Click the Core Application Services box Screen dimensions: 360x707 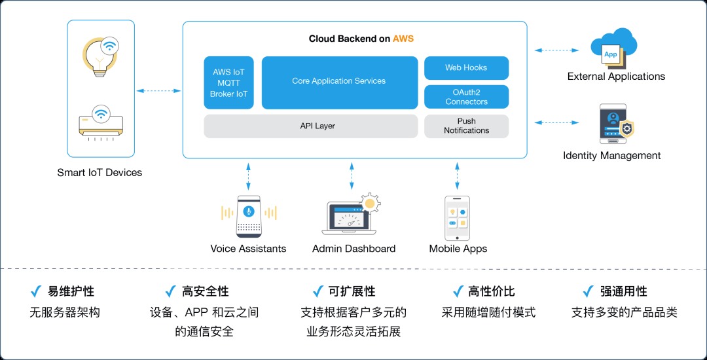point(339,82)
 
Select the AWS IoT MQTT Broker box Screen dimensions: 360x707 point(228,82)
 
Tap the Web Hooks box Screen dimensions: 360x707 point(466,67)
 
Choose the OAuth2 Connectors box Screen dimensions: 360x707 point(466,97)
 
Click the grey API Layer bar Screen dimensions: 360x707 point(310,126)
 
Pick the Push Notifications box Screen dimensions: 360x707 point(466,126)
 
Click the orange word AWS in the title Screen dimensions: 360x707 point(403,39)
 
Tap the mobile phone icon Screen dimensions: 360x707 point(457,217)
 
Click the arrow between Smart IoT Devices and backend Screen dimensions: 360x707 point(158,91)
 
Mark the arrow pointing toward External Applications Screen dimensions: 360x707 point(556,50)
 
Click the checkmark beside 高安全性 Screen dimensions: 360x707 point(170,291)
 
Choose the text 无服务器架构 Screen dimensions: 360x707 point(65,312)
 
